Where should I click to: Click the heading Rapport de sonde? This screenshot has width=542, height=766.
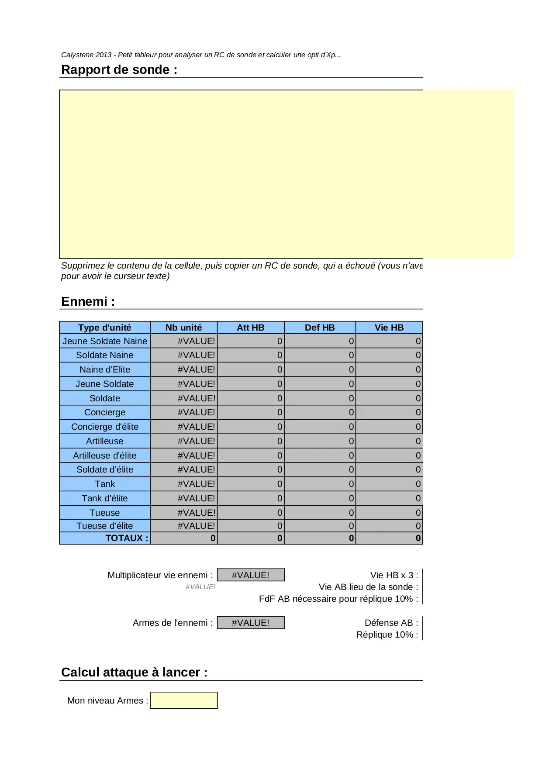click(x=119, y=70)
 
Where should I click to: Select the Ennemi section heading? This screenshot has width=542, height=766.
click(x=88, y=301)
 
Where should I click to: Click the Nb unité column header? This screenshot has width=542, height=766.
click(x=183, y=328)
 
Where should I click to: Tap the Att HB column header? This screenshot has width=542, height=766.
click(x=250, y=328)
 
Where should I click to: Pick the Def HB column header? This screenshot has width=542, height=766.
click(x=320, y=328)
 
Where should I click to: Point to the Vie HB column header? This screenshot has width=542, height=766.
click(x=389, y=328)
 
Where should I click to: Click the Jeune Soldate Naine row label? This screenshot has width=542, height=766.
click(x=105, y=341)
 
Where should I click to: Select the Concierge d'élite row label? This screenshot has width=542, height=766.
click(x=105, y=427)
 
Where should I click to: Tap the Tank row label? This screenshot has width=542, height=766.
click(x=105, y=484)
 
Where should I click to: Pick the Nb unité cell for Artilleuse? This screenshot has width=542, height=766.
click(x=184, y=441)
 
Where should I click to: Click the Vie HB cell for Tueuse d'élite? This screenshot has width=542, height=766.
click(x=389, y=526)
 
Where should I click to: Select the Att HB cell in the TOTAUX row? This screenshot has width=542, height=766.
click(x=251, y=538)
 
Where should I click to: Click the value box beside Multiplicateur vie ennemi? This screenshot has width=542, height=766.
click(x=250, y=575)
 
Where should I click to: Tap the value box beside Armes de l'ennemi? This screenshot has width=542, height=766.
click(x=250, y=623)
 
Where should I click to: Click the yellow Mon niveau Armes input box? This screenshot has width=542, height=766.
click(x=183, y=700)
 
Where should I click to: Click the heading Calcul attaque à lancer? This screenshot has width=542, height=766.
click(x=134, y=672)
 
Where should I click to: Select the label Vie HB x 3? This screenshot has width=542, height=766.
click(x=394, y=575)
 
